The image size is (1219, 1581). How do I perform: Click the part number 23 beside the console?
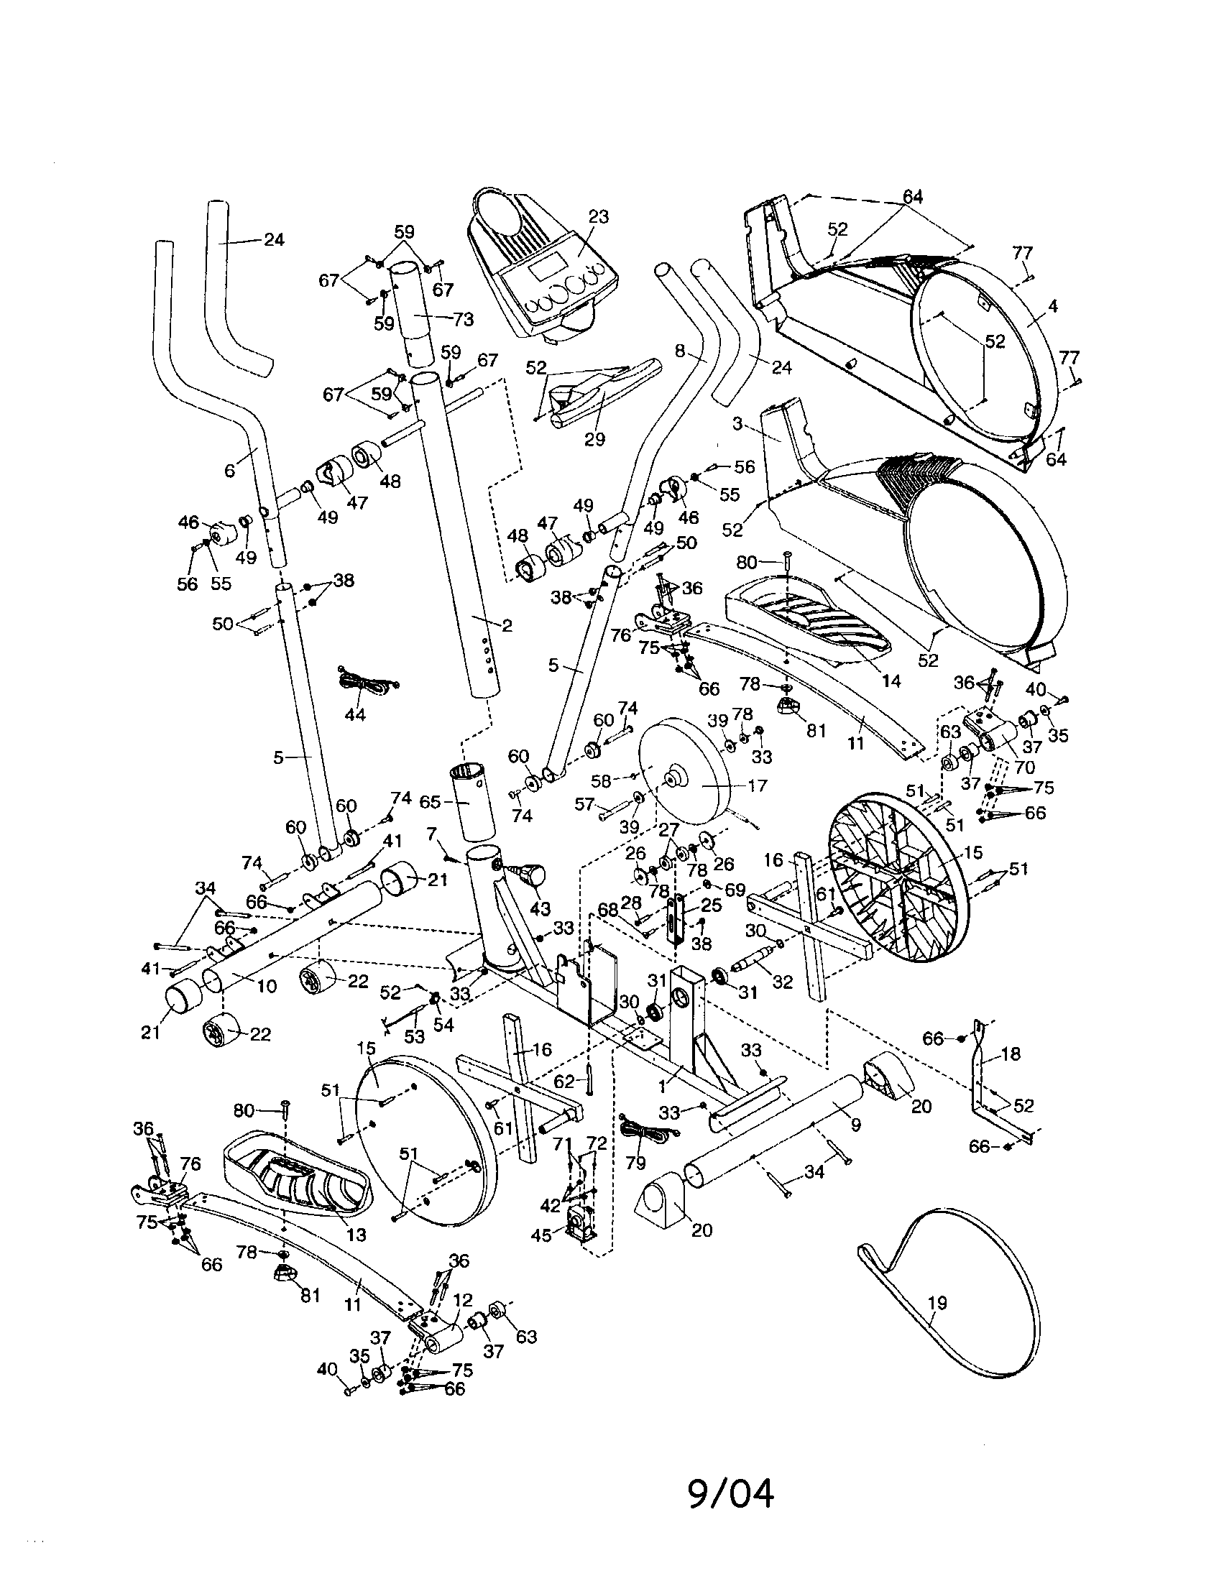coord(598,216)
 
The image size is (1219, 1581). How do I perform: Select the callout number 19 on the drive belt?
coord(937,1303)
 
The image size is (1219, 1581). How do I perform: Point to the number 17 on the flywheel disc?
coord(756,785)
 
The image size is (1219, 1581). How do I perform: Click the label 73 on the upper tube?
coord(463,318)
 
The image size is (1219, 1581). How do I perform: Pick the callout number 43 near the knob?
coord(540,908)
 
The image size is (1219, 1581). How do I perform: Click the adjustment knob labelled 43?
coord(534,876)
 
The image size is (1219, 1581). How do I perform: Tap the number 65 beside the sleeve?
coord(430,801)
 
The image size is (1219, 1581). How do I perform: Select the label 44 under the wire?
coord(354,714)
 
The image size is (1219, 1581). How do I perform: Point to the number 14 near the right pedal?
coord(891,681)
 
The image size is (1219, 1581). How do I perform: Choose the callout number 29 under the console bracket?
coord(594,439)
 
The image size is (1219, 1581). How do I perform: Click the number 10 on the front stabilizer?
coord(267,986)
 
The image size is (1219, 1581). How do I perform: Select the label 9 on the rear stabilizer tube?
coord(855,1125)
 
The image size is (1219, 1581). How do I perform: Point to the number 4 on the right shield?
coord(1052,306)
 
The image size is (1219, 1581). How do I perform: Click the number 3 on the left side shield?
coord(737,423)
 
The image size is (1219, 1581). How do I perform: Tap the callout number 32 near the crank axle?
coord(783,982)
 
